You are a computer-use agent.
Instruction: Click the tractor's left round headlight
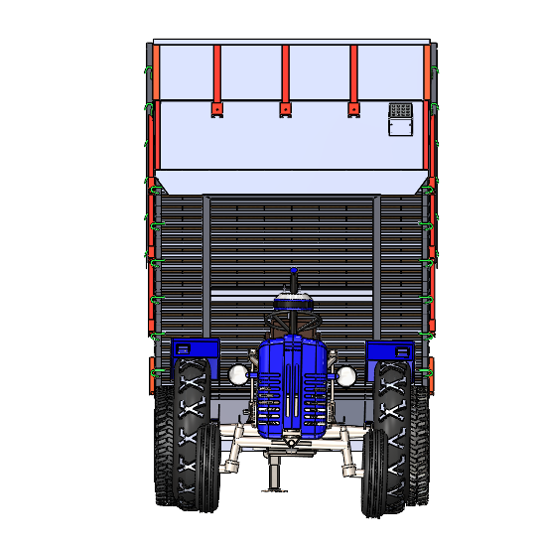click(x=238, y=374)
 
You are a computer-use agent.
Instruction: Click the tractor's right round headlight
click(x=346, y=376)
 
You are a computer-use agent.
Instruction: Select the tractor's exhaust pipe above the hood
click(x=293, y=278)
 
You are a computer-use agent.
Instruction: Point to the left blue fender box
click(x=196, y=350)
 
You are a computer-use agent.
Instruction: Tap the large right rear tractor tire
click(x=407, y=437)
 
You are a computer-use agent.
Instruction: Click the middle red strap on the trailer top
click(x=285, y=74)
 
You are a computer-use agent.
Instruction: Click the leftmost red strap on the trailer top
click(x=216, y=74)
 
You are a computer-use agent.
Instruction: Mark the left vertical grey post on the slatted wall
click(x=206, y=268)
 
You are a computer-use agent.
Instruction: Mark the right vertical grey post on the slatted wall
click(x=376, y=268)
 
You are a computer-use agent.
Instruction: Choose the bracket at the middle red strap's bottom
click(x=285, y=108)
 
